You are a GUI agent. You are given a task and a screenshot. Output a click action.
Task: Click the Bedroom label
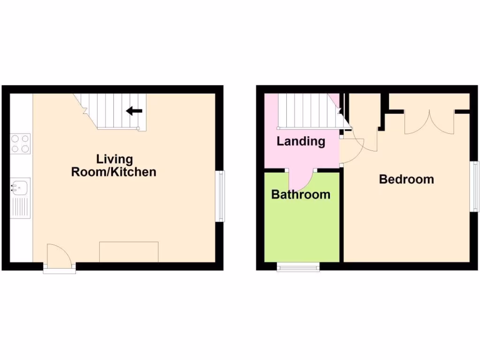click(x=406, y=179)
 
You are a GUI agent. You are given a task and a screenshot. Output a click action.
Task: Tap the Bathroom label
click(x=300, y=194)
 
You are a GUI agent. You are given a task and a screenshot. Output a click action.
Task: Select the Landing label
click(x=300, y=141)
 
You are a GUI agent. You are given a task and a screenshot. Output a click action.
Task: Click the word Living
click(x=114, y=159)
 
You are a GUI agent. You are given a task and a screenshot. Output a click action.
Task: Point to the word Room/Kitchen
click(x=113, y=172)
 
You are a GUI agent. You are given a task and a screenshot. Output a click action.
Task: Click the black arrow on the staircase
click(x=135, y=111)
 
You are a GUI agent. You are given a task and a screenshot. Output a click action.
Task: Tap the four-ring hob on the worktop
click(x=21, y=144)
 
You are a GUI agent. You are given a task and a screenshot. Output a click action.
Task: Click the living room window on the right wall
click(x=220, y=196)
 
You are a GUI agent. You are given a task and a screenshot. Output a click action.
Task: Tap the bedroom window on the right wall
click(x=475, y=186)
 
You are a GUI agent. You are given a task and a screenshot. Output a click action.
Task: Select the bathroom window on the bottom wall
click(x=298, y=268)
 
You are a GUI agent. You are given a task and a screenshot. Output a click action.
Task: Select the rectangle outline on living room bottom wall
click(x=128, y=252)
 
